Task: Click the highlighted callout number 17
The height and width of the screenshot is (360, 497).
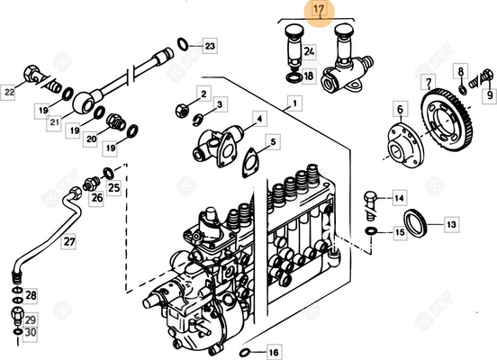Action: pyautogui.click(x=317, y=10)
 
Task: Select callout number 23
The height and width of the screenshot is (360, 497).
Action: pyautogui.click(x=210, y=44)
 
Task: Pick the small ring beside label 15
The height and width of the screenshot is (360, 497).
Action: pyautogui.click(x=371, y=232)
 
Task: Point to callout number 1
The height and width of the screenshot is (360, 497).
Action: pyautogui.click(x=291, y=105)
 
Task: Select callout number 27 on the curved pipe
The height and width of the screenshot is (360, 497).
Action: pyautogui.click(x=69, y=242)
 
